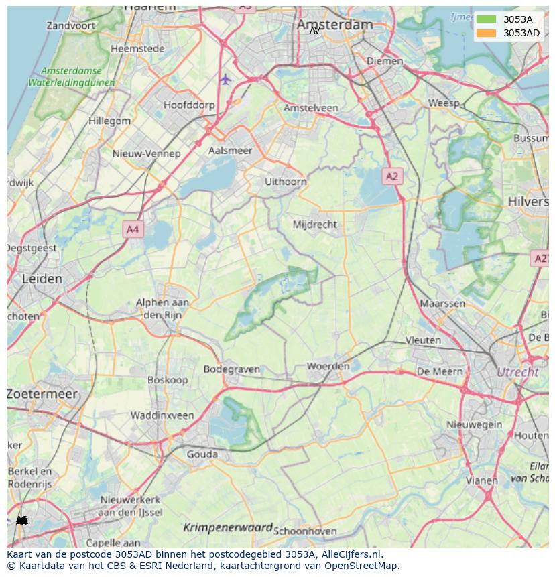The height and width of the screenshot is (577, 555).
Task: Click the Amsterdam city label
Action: (x=334, y=24)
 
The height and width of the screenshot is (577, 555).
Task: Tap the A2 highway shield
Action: (x=392, y=176)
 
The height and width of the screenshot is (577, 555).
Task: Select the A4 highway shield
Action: (x=133, y=229)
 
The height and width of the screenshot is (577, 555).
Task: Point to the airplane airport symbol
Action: (x=225, y=80)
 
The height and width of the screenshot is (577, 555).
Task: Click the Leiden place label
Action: (x=42, y=279)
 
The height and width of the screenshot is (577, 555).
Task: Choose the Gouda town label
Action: (x=202, y=454)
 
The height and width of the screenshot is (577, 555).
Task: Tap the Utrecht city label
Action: (x=517, y=372)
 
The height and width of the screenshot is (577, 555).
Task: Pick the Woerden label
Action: (x=328, y=366)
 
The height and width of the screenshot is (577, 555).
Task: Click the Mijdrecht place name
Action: (x=315, y=225)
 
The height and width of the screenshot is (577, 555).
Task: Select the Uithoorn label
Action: (x=286, y=182)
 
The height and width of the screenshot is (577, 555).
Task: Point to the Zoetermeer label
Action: (x=42, y=394)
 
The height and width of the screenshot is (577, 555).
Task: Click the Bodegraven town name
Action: (x=231, y=369)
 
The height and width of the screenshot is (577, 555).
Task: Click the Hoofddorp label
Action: (x=189, y=105)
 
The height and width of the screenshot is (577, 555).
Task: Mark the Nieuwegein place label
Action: (x=475, y=424)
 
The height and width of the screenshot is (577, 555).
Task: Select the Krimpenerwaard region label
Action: (x=228, y=527)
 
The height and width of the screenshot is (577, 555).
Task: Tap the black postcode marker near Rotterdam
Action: (x=21, y=520)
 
